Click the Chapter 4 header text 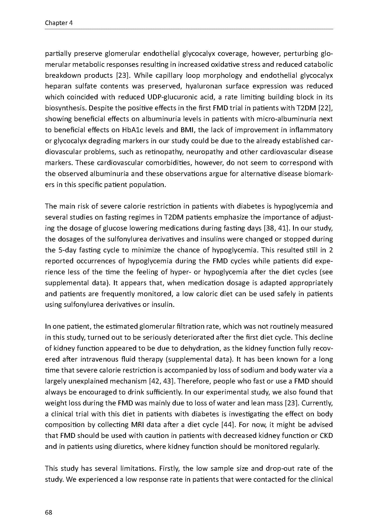[59, 23]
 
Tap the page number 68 [49, 512]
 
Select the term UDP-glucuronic [169, 97]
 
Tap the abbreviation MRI [138, 425]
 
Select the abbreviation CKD [326, 436]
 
